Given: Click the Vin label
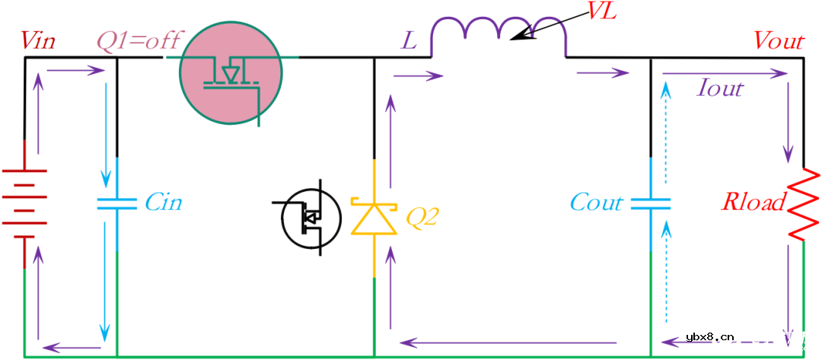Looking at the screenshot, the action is tap(37, 41).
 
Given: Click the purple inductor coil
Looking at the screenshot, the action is tap(498, 37).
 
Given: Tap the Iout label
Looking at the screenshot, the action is tap(720, 89).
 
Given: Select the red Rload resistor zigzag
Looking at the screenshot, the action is tap(803, 205).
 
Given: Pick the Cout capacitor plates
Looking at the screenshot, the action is tap(651, 203).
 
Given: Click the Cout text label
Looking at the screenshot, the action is tap(597, 202).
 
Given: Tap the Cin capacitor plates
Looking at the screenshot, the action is tap(117, 203).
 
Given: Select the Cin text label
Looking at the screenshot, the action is tap(163, 202).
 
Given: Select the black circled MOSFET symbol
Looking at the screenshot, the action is tap(310, 216).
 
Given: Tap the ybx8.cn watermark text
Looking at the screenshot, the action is tap(709, 337).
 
